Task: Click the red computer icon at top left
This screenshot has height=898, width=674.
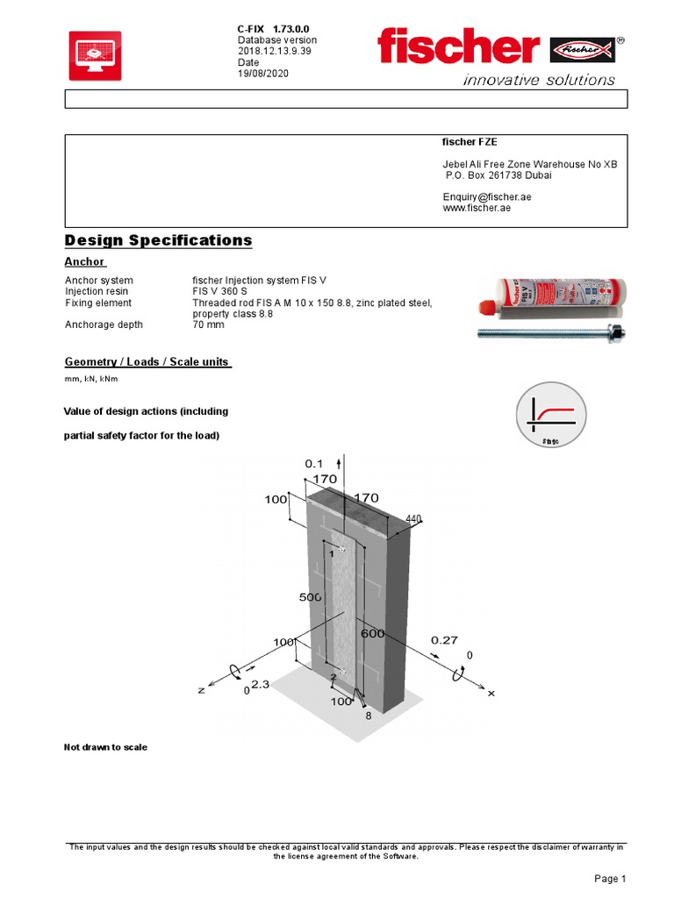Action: coord(95,56)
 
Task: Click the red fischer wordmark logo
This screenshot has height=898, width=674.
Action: coord(458,46)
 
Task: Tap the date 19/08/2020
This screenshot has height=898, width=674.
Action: coord(262,74)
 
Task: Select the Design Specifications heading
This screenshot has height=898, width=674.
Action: coord(158,240)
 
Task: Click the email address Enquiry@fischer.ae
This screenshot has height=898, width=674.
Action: coord(486,197)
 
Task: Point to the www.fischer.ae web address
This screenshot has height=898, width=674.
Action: coord(477,209)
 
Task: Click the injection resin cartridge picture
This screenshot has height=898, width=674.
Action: coord(551,296)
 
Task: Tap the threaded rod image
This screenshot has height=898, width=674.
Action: coord(551,332)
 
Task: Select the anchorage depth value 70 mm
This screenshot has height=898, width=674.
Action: coord(209,324)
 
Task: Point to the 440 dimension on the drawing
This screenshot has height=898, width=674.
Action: coord(414,519)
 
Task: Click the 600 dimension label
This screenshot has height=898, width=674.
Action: coord(372,633)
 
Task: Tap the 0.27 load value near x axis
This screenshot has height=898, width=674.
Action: coord(444,640)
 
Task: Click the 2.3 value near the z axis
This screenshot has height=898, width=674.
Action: coord(260,683)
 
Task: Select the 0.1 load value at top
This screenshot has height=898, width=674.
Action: coord(313,462)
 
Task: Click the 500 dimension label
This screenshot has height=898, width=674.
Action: coord(311,596)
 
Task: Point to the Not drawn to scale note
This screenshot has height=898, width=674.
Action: coord(105,747)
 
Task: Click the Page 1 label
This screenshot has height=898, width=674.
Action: coord(609,878)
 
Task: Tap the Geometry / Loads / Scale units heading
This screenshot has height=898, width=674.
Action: coord(147,362)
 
